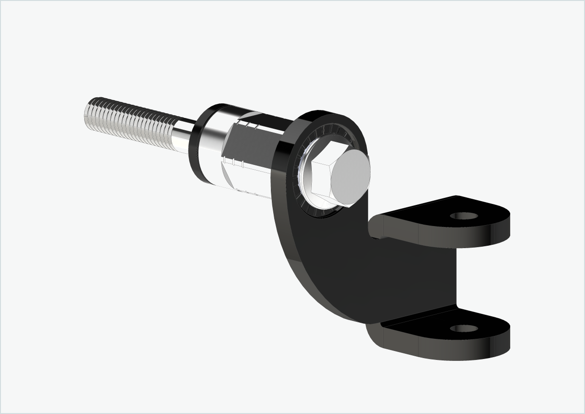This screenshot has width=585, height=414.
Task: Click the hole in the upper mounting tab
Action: (x=464, y=216)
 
